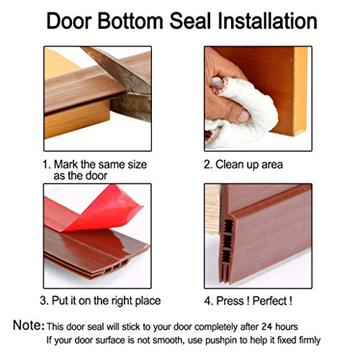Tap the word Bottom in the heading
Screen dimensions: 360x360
click(x=130, y=22)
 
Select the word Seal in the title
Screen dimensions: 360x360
click(x=190, y=22)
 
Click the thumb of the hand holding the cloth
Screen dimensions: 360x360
click(x=236, y=115)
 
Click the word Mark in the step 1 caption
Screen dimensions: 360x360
click(x=66, y=165)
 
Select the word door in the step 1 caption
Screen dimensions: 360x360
click(x=96, y=176)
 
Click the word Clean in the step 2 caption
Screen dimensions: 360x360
click(x=230, y=165)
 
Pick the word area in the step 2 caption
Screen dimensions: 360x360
click(x=272, y=166)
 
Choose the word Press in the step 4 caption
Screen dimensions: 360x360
click(x=230, y=301)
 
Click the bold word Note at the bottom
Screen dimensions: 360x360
click(x=27, y=325)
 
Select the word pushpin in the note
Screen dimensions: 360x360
click(x=222, y=341)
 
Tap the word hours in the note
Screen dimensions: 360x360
click(x=287, y=327)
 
